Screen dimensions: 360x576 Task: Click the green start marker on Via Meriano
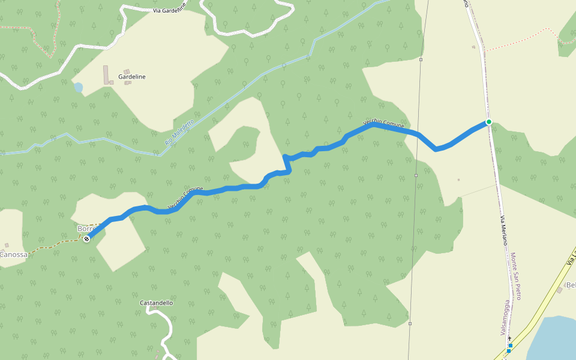click(x=489, y=122)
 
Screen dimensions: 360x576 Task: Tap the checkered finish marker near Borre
click(x=87, y=239)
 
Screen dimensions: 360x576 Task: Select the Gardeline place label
click(x=132, y=77)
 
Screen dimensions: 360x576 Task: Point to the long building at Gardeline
click(x=106, y=75)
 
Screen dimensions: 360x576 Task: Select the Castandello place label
click(x=156, y=303)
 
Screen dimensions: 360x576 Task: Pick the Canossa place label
click(x=13, y=254)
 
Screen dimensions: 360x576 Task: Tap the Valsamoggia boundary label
click(x=505, y=319)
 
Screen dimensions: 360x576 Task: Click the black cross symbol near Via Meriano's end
click(x=509, y=338)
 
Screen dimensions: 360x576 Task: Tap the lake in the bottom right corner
click(x=555, y=339)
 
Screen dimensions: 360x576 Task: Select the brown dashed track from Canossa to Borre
click(x=54, y=244)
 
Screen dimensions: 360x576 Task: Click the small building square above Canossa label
click(x=7, y=245)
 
